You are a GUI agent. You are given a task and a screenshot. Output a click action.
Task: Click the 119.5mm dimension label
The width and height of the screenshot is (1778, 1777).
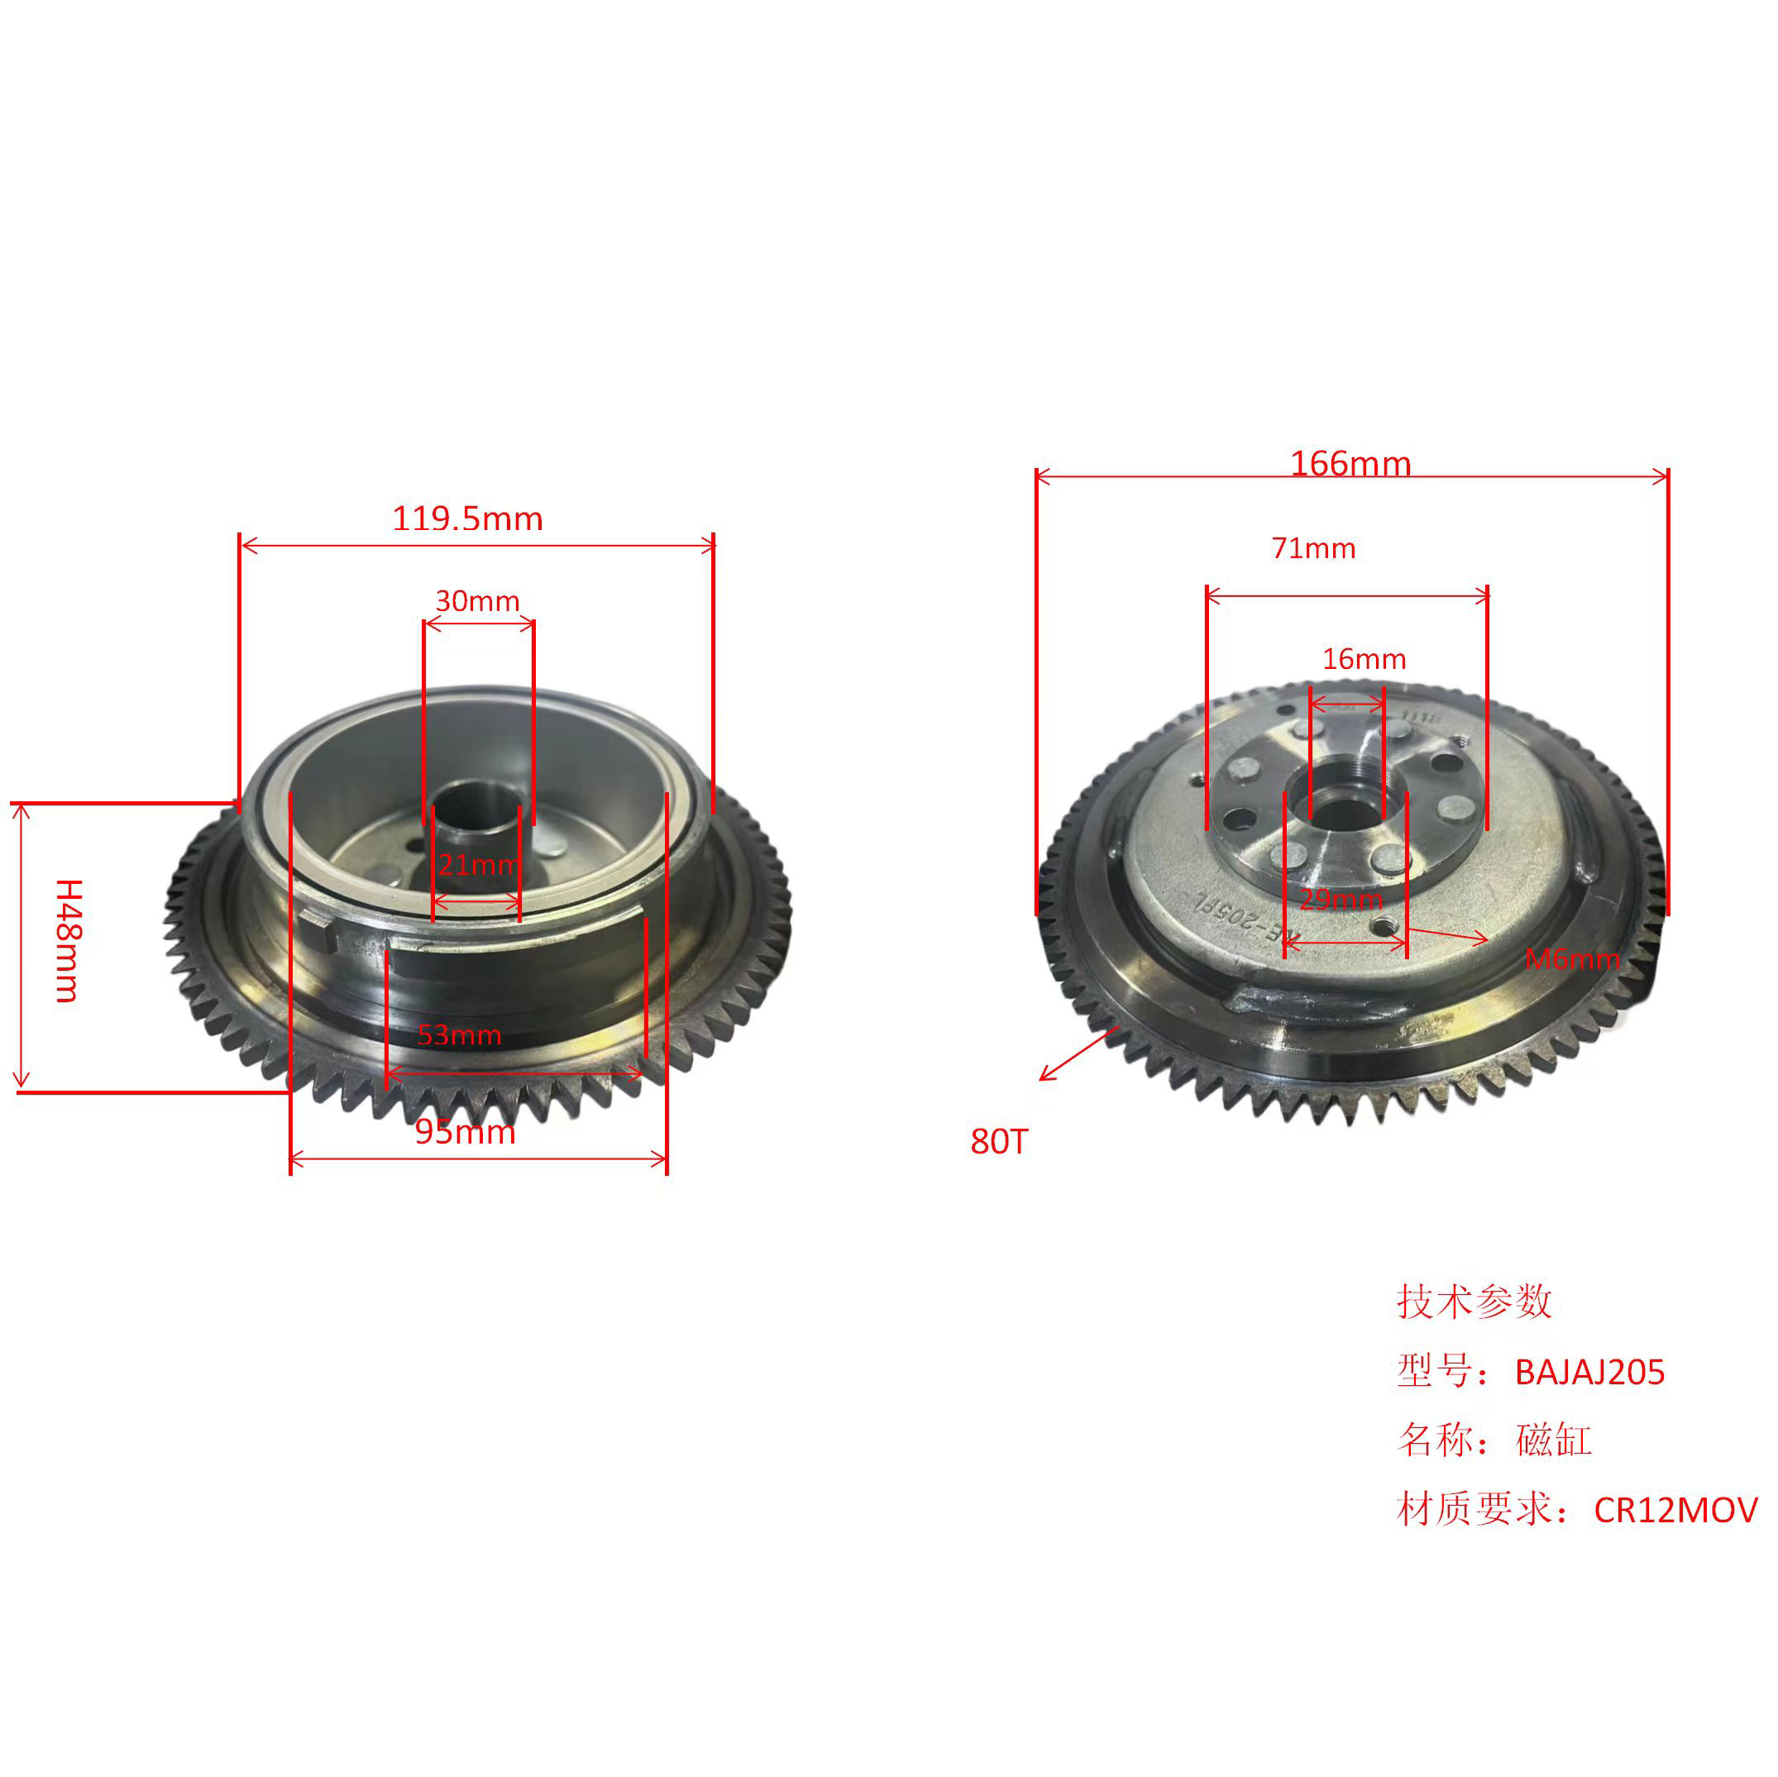pos(467,519)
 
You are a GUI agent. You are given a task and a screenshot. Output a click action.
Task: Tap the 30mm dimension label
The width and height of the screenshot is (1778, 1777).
pos(478,601)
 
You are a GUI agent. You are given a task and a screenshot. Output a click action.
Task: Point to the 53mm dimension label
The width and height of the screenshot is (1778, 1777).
pos(459,1034)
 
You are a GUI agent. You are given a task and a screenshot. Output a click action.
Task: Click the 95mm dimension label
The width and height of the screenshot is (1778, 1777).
pos(465,1131)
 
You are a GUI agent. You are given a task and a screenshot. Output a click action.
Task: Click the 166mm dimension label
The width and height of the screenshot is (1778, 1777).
pos(1350,463)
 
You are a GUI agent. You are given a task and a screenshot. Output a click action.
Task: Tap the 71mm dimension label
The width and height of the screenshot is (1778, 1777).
pos(1313,548)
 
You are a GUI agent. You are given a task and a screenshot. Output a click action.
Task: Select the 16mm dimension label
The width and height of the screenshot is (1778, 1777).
pos(1364,659)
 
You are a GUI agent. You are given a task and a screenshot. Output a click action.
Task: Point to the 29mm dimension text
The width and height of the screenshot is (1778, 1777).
pos(1341,899)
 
